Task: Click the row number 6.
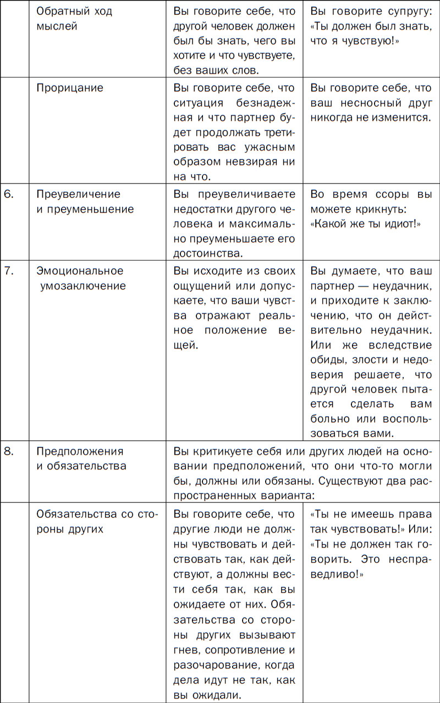9,194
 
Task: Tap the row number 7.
9,270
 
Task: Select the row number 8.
9,451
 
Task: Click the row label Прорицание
70,88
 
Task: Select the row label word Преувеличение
78,194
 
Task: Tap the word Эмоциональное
80,270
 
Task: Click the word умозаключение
83,286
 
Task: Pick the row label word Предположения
80,451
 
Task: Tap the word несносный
369,103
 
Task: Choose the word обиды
327,375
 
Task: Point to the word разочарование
215,665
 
